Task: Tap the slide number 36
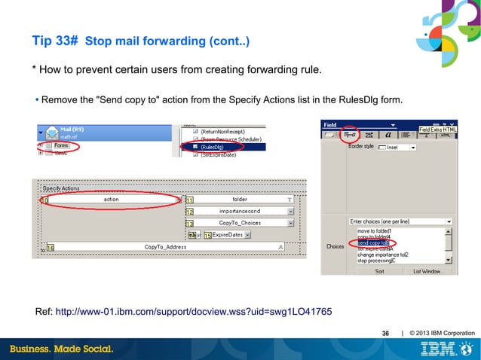click(x=386, y=333)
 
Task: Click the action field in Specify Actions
click(x=111, y=200)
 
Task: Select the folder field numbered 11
click(x=239, y=200)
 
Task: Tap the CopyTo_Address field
click(x=165, y=246)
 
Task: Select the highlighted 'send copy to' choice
click(x=373, y=243)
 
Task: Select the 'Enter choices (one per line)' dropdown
click(x=400, y=221)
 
